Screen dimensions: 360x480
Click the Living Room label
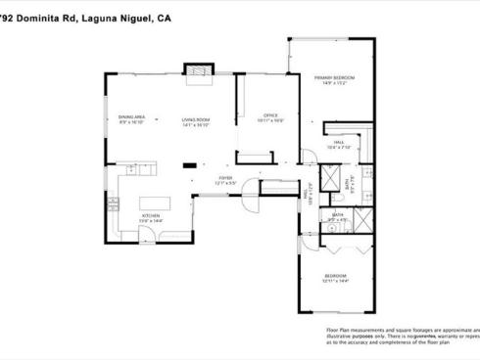(196, 119)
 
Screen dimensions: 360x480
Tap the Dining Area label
(132, 117)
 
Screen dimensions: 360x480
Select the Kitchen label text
(150, 216)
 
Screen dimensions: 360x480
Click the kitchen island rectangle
(156, 202)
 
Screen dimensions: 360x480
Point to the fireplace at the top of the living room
(199, 74)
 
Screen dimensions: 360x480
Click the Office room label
(271, 115)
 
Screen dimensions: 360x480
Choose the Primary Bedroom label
(333, 77)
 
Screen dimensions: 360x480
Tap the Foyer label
(226, 179)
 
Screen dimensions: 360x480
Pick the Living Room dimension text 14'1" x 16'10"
(196, 124)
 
